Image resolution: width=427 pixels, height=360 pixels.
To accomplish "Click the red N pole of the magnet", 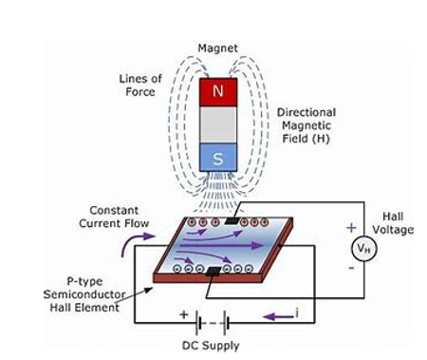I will [217, 93].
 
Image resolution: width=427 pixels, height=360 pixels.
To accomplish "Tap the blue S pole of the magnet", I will [217, 159].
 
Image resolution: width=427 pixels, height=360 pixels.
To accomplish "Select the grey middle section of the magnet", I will [217, 126].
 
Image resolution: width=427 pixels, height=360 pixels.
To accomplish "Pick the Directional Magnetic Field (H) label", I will [306, 125].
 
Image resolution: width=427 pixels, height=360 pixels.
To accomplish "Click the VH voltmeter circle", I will [361, 249].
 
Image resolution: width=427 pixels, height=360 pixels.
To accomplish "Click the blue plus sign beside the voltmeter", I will [351, 228].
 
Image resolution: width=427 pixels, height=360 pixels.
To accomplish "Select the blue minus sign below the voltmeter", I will [351, 270].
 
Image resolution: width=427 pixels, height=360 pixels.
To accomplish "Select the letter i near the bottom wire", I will [301, 313].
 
